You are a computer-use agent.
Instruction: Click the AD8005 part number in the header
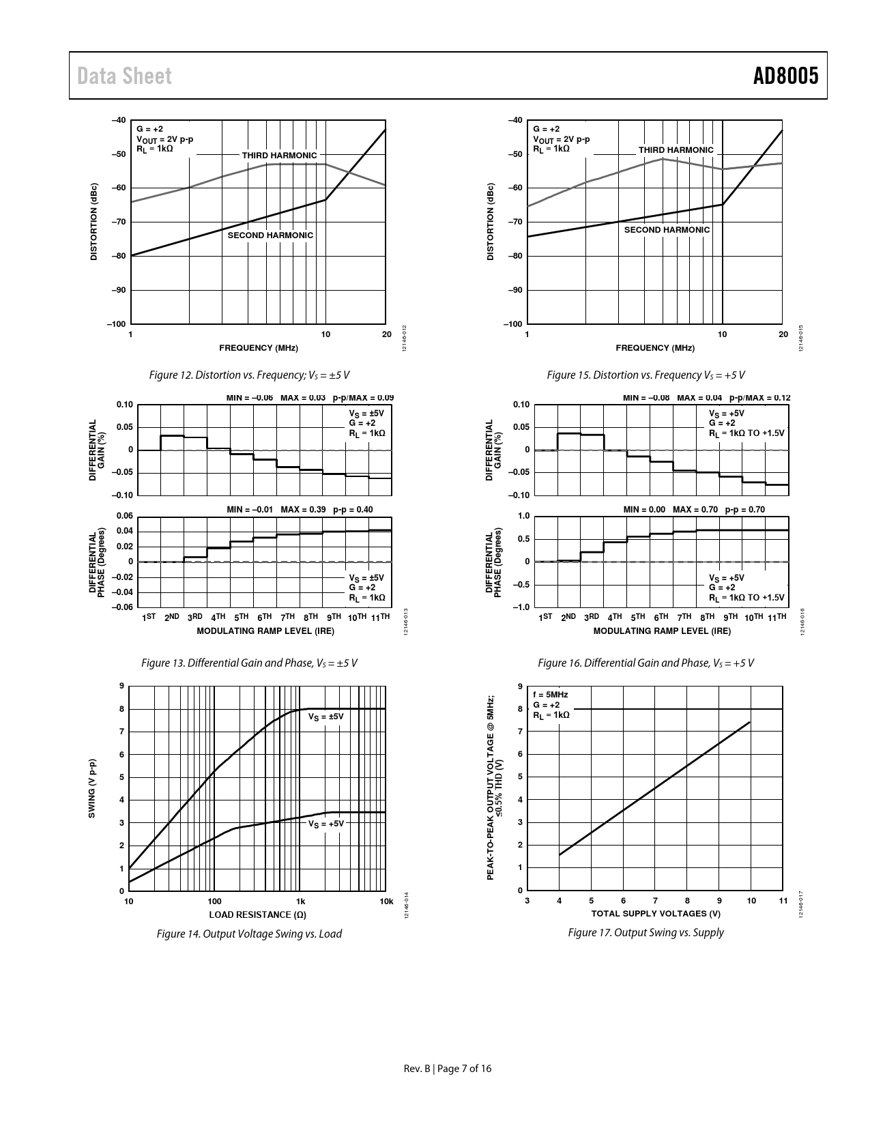[785, 76]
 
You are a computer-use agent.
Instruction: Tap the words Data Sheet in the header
[124, 76]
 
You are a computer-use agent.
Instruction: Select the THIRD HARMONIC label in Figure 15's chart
[676, 150]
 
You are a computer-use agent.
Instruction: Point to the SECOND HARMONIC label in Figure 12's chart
[270, 235]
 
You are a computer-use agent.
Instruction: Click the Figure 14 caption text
[249, 934]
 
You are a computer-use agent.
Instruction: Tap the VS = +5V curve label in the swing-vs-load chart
[325, 824]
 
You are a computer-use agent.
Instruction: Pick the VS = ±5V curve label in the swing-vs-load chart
[325, 717]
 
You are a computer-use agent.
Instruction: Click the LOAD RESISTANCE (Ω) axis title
[257, 914]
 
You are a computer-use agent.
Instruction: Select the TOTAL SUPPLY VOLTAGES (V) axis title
[655, 914]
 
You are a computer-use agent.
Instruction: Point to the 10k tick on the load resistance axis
[386, 901]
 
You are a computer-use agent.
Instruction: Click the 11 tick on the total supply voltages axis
[783, 901]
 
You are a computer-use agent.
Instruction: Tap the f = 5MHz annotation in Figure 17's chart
[550, 695]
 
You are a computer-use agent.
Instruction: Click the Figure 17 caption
[646, 932]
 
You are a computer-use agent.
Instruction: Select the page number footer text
[447, 1069]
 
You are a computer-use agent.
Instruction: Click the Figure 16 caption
[646, 663]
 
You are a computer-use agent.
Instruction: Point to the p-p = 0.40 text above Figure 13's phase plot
[355, 510]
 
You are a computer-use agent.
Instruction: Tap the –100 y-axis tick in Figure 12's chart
[116, 324]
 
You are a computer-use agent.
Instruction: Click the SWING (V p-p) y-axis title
[92, 788]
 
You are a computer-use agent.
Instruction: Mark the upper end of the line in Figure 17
[750, 722]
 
